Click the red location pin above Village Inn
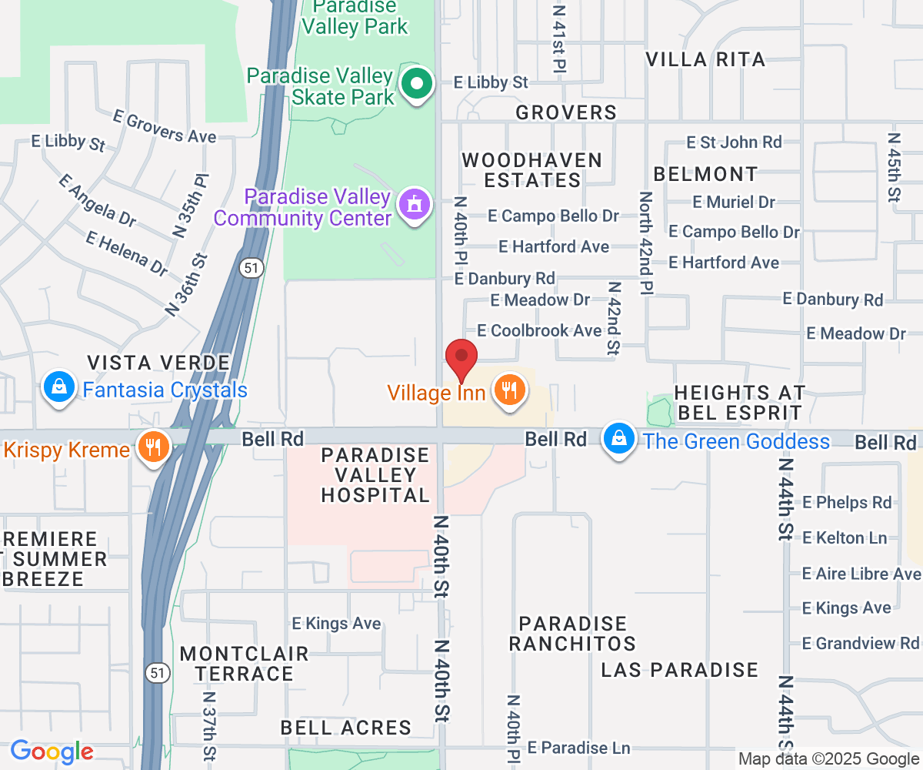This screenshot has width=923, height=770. [461, 359]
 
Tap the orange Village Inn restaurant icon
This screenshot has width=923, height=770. [508, 390]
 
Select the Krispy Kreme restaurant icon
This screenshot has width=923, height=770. [153, 446]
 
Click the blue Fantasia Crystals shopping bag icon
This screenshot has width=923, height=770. [59, 387]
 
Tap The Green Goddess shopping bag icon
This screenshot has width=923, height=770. [618, 438]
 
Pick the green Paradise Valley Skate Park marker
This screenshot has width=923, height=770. [418, 85]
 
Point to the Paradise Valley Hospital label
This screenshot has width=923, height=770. [375, 475]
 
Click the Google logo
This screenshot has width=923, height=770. [52, 752]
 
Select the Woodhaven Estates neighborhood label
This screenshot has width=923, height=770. [531, 170]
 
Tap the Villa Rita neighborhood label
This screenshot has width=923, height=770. [705, 59]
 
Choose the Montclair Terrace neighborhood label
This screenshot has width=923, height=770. [244, 664]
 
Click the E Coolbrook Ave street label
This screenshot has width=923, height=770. [539, 330]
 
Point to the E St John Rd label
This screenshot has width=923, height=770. [734, 142]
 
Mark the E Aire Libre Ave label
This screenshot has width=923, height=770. [861, 574]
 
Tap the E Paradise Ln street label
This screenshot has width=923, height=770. [579, 748]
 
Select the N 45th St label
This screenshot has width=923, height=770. [894, 168]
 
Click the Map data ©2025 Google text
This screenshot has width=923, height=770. [828, 759]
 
